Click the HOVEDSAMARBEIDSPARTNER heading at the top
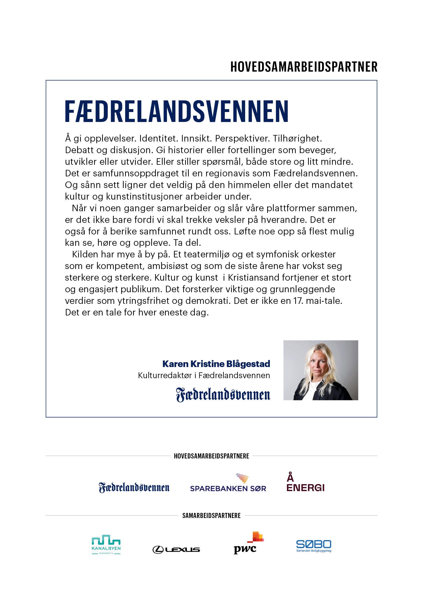click(x=304, y=67)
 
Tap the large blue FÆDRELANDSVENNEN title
click(x=176, y=111)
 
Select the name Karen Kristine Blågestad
click(x=216, y=364)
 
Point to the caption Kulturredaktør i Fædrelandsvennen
click(x=204, y=375)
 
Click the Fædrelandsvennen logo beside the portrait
click(x=223, y=395)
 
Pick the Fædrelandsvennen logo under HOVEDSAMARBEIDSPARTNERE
click(x=134, y=488)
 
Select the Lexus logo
click(x=176, y=550)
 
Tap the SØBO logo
click(x=313, y=546)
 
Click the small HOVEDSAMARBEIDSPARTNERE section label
click(x=211, y=456)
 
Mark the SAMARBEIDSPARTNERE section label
click(x=211, y=516)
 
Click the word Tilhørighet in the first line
click(x=297, y=138)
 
